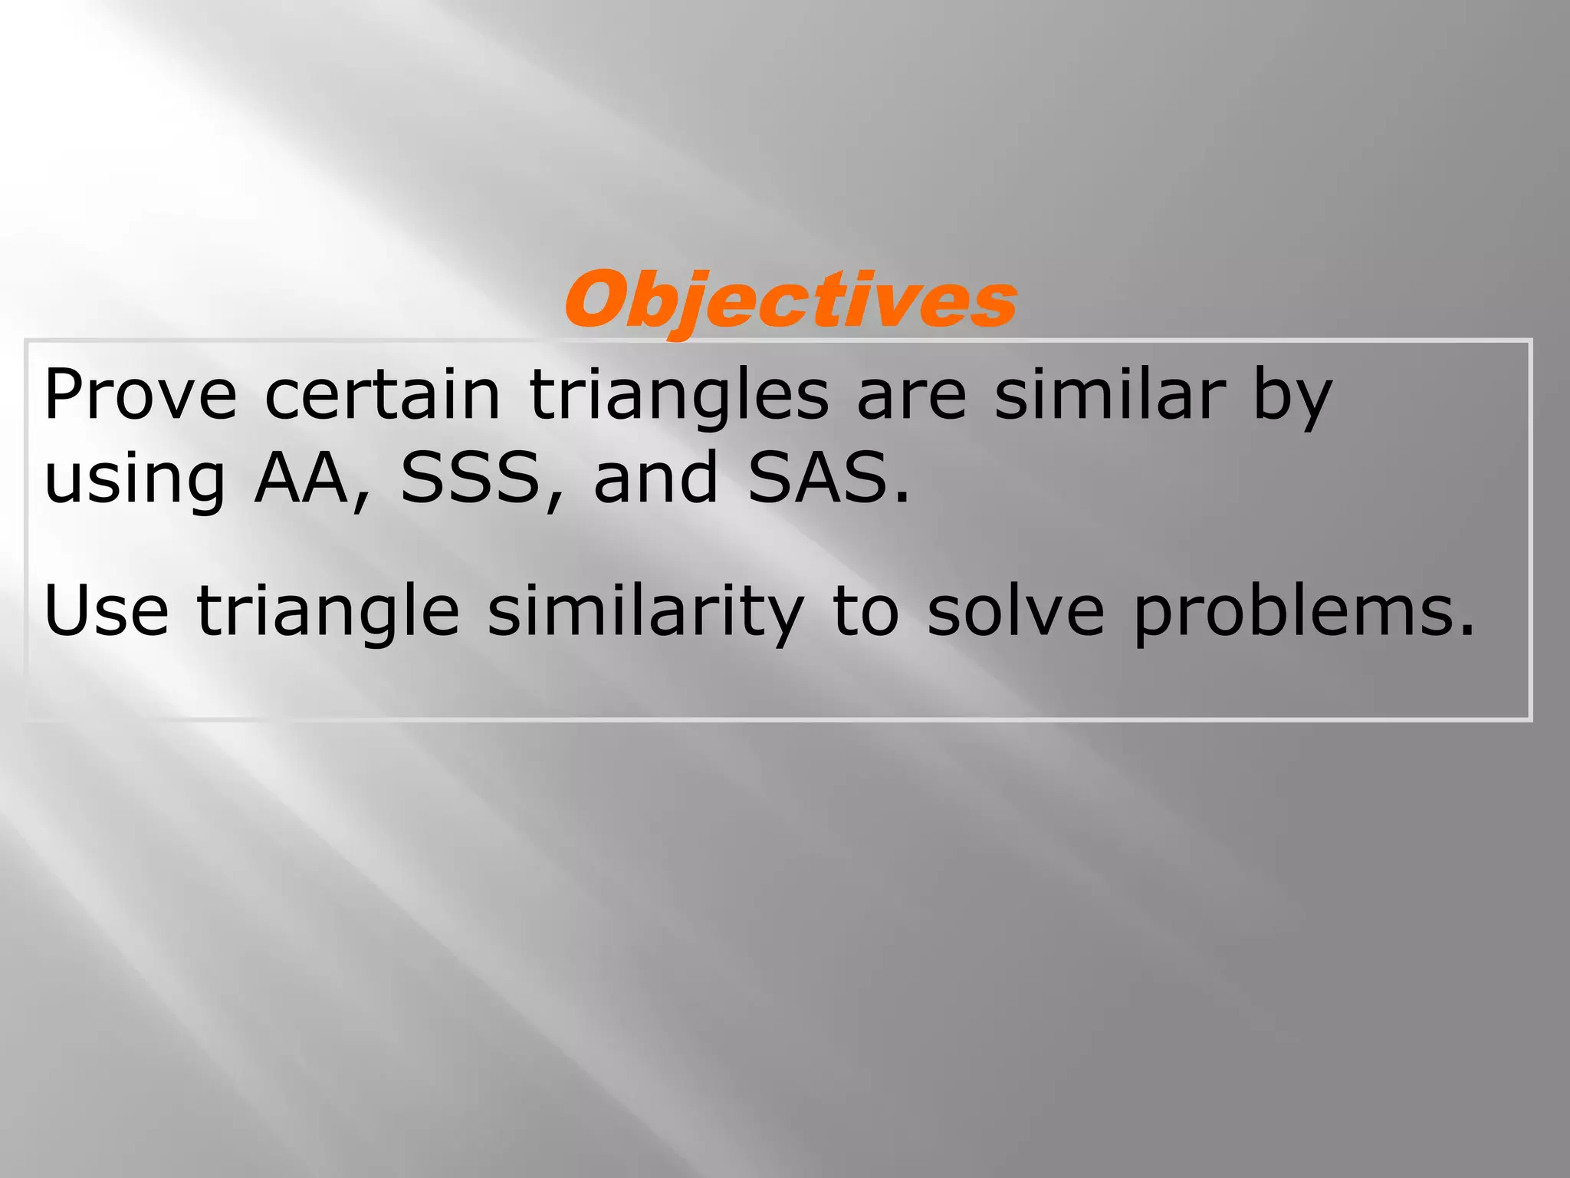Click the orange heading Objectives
(790, 301)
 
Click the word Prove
(140, 396)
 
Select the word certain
(383, 396)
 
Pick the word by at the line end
(1292, 399)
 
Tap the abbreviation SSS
(471, 479)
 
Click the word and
(655, 479)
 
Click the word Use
(106, 610)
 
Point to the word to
(865, 612)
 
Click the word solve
(1016, 610)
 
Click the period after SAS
(902, 499)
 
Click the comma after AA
(359, 503)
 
